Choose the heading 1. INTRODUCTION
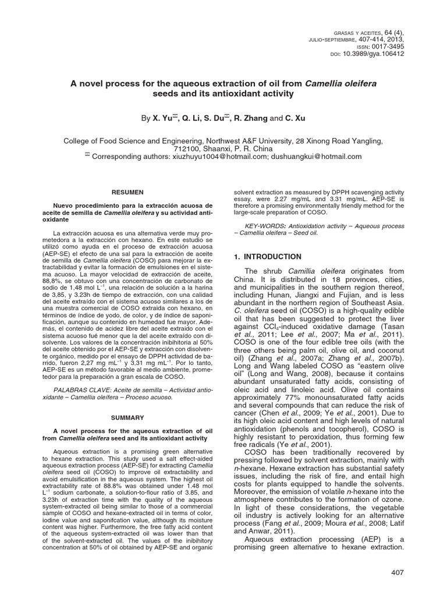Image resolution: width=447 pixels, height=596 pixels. click(267, 257)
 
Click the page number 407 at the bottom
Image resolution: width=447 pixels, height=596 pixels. click(398, 573)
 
